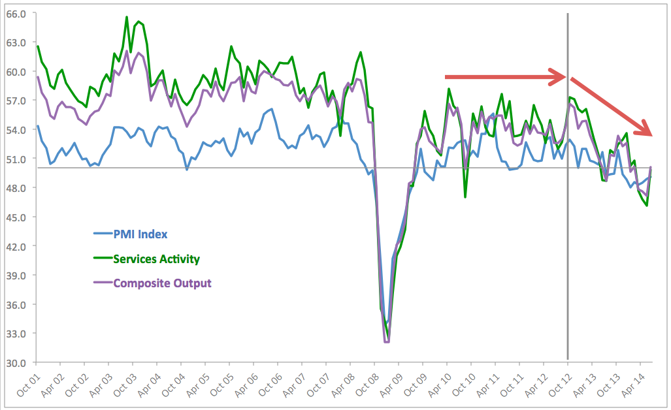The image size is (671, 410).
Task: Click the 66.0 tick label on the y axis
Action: [16, 14]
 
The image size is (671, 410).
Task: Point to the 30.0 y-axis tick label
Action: [16, 363]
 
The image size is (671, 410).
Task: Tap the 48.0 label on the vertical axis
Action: [16, 188]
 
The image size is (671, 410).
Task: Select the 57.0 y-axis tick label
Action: [16, 101]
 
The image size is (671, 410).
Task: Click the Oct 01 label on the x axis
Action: [28, 385]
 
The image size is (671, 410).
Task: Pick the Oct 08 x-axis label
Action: [367, 385]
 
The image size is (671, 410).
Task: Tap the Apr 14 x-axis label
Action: [632, 385]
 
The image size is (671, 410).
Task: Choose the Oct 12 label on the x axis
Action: [560, 385]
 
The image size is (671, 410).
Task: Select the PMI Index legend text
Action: [140, 234]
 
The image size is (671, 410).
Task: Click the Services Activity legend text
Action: [157, 259]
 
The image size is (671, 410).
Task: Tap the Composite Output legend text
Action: [162, 283]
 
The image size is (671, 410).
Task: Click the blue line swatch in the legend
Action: [103, 234]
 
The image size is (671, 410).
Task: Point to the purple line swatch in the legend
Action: [103, 283]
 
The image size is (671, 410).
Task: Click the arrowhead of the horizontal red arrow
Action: [558, 77]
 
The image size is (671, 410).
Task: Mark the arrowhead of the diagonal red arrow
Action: [644, 129]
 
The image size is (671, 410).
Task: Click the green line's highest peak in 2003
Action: [127, 17]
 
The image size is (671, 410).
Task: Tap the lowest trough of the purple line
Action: [387, 341]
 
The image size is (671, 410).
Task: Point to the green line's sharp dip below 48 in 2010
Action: [465, 197]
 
